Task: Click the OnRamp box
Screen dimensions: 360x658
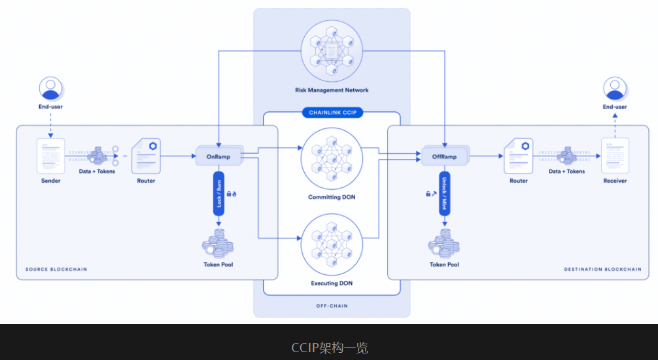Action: pos(218,156)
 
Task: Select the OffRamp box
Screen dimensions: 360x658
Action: pos(445,156)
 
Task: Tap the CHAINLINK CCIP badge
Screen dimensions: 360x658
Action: pos(331,113)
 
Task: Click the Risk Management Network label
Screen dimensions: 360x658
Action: pos(332,90)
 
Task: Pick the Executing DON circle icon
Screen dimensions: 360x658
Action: pos(332,246)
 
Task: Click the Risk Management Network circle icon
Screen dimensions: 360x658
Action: pos(332,50)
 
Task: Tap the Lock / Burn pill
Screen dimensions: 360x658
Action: pos(218,193)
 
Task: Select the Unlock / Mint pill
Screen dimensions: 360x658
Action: pos(445,193)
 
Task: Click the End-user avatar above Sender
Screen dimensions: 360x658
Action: pos(51,89)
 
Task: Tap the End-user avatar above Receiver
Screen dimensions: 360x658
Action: pos(615,89)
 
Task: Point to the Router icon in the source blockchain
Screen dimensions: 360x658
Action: pos(146,156)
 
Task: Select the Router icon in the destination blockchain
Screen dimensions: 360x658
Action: pos(519,156)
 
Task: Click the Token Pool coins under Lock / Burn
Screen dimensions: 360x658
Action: pos(218,243)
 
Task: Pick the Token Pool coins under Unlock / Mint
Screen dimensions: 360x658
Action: pos(445,243)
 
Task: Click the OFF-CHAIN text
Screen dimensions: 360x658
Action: pos(332,306)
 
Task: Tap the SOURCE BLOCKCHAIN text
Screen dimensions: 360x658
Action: pos(56,269)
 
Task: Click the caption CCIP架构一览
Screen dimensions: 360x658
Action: pos(329,348)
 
